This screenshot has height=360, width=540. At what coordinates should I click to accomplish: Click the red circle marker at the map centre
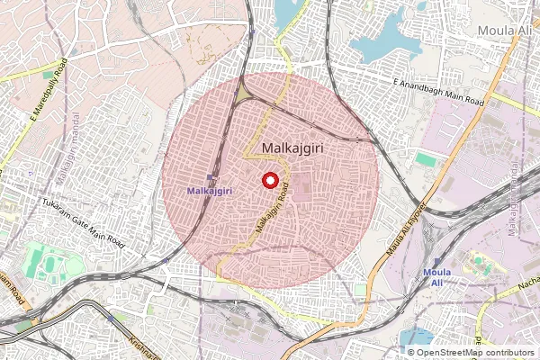click(269, 180)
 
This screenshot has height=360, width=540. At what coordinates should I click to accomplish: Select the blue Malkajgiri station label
click(211, 191)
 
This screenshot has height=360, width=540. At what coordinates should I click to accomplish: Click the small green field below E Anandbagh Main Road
click(426, 159)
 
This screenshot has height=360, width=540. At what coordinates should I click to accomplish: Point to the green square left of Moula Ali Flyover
click(360, 292)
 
